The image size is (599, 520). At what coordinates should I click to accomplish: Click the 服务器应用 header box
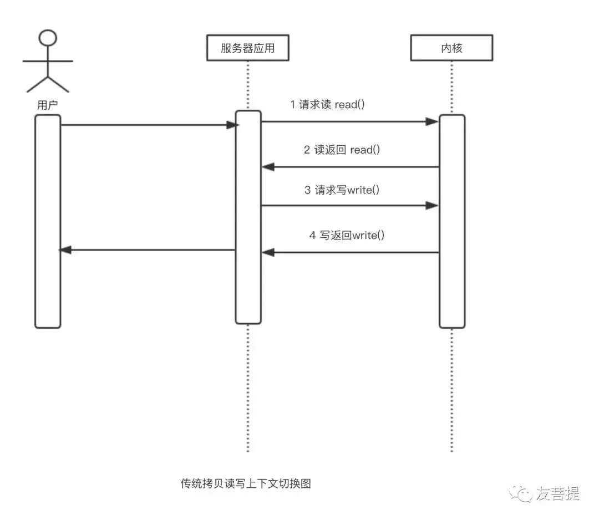tap(247, 48)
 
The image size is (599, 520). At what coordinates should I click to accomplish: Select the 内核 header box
tap(451, 48)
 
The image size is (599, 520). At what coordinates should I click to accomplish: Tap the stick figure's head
tap(48, 38)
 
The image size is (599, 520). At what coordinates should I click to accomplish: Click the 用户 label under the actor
tap(47, 105)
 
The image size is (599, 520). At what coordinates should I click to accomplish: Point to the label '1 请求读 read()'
tap(327, 104)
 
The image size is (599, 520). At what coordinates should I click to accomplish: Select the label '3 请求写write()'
tap(342, 190)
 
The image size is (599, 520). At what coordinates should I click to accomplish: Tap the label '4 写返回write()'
tap(347, 235)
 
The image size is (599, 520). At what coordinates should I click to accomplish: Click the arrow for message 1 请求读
tap(349, 121)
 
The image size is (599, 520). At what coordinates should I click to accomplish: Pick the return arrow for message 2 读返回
tap(349, 166)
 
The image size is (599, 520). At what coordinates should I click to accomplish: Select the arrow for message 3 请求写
tap(349, 206)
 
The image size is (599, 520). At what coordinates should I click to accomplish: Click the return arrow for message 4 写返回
tap(349, 253)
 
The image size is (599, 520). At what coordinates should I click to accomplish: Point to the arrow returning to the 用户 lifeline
tap(148, 250)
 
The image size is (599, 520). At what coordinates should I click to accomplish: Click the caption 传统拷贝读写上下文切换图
tap(246, 483)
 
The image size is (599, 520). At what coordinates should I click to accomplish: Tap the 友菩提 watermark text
tap(557, 492)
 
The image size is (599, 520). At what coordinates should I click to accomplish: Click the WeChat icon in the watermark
tap(521, 492)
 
